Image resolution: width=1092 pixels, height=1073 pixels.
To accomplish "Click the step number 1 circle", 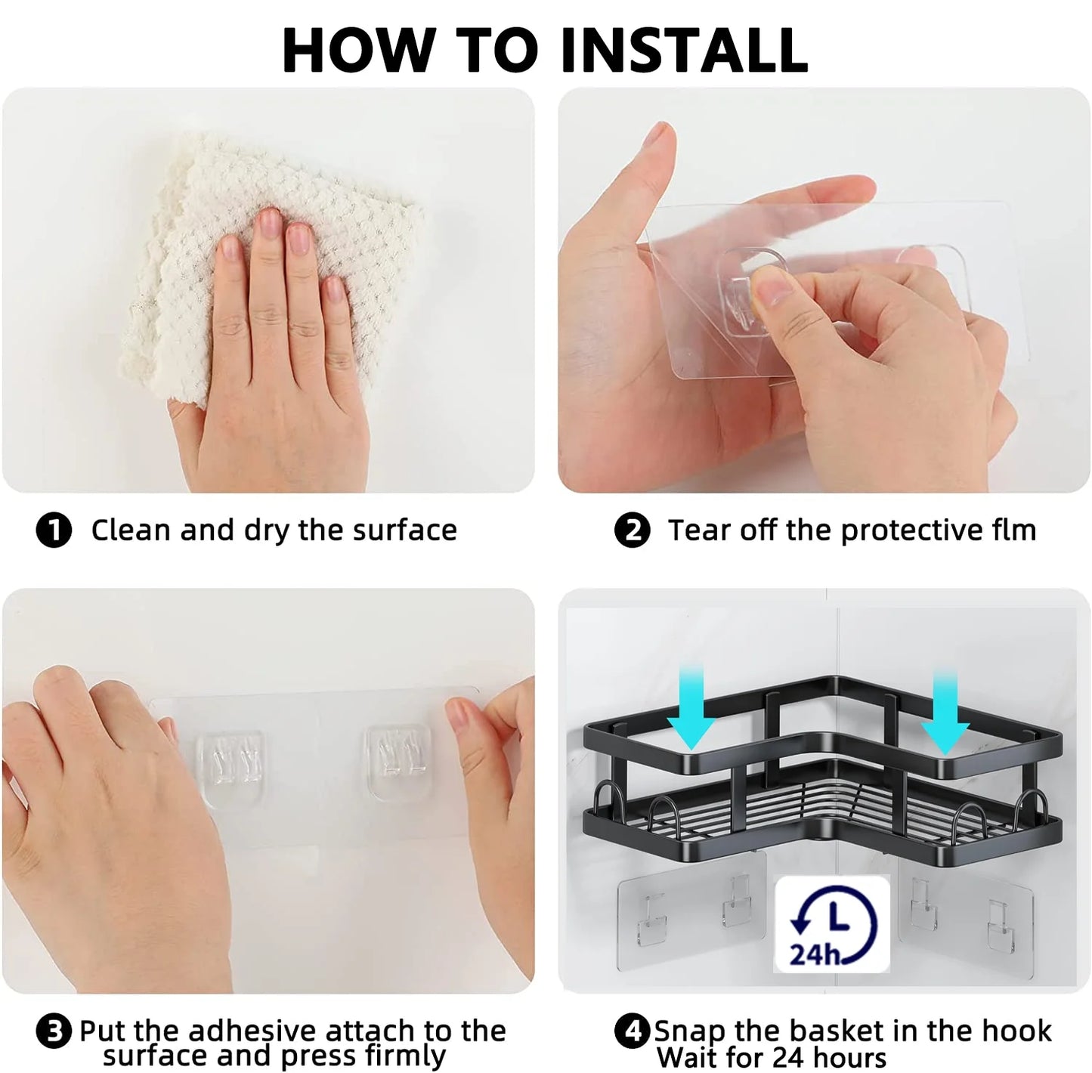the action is [x=54, y=530].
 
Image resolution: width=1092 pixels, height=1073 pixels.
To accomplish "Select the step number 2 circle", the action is [x=633, y=530].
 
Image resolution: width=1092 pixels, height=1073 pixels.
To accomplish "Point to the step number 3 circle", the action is [x=54, y=1031].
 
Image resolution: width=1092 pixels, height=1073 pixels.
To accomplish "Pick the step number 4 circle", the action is [x=633, y=1031].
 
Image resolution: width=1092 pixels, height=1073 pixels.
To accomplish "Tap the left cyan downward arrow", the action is [x=691, y=709].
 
